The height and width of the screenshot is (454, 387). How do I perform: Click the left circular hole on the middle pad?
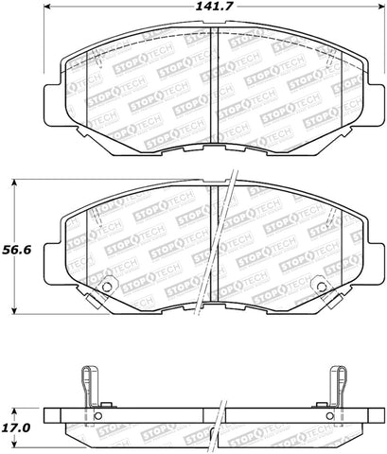[106, 287]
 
